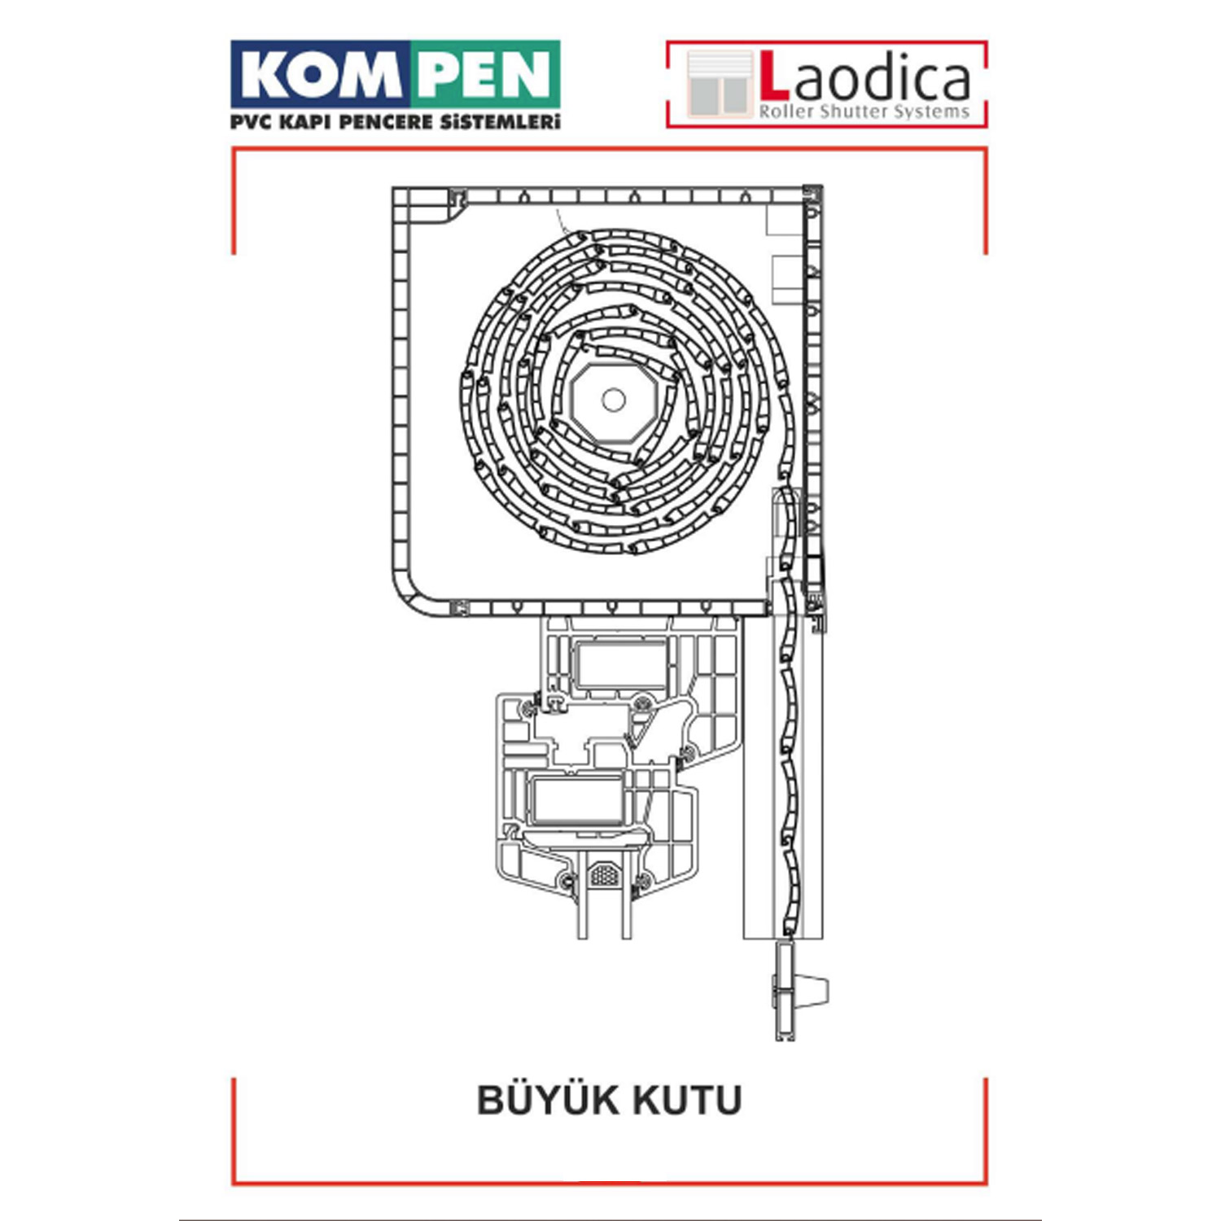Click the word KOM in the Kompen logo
[322, 75]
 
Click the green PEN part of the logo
[485, 75]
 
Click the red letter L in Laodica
[774, 77]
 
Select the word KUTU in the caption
[687, 1101]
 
